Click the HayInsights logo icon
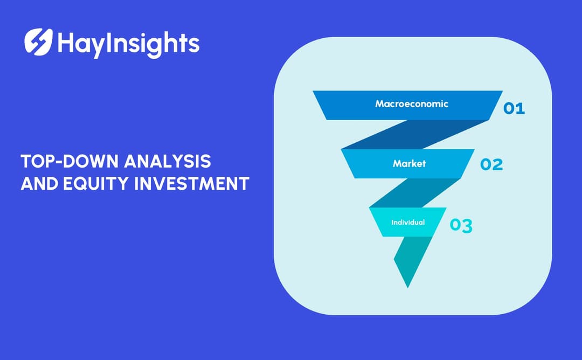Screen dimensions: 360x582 tap(38, 41)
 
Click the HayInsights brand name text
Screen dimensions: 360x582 tap(128, 43)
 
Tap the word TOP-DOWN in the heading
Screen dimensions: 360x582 tap(59, 161)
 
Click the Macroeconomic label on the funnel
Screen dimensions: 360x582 tap(411, 103)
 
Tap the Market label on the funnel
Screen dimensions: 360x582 tap(409, 163)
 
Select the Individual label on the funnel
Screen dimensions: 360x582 tap(408, 222)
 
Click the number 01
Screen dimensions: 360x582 tap(514, 108)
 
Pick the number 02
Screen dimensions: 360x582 tap(491, 164)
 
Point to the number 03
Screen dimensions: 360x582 tap(461, 226)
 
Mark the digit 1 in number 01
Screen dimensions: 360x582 tap(521, 108)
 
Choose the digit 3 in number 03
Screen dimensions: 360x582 tap(467, 226)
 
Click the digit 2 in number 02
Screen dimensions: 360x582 tap(498, 164)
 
